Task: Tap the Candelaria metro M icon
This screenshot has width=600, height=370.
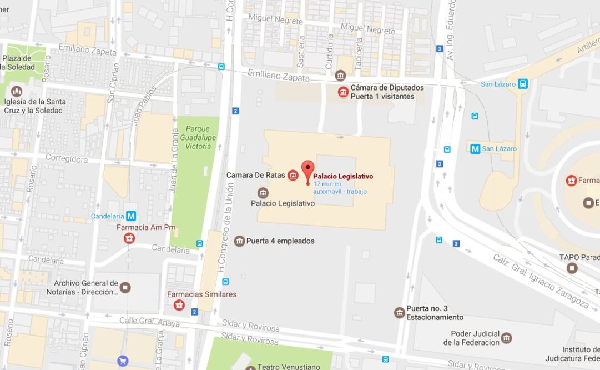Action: tap(131, 216)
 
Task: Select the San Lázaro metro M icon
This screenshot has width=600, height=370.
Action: tap(475, 149)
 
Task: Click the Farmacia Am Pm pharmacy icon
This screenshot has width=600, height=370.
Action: tap(129, 238)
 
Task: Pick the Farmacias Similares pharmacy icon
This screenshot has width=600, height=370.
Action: tap(179, 305)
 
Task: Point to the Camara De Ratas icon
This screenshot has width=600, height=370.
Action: tap(293, 176)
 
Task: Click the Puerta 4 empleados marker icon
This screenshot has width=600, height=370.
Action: tap(239, 241)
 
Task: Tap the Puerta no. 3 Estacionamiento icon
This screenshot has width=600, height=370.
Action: tap(399, 313)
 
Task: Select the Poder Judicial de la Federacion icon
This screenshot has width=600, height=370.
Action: tap(506, 337)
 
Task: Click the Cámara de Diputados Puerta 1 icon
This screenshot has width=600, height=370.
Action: tap(344, 92)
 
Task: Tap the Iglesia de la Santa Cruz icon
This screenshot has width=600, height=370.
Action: tap(17, 91)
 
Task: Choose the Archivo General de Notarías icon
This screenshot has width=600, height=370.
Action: tap(125, 287)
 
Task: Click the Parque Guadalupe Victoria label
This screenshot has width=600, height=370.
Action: tap(198, 137)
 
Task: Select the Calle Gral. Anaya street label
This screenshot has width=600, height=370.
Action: tap(149, 321)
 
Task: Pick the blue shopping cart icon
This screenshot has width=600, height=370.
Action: tap(123, 361)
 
